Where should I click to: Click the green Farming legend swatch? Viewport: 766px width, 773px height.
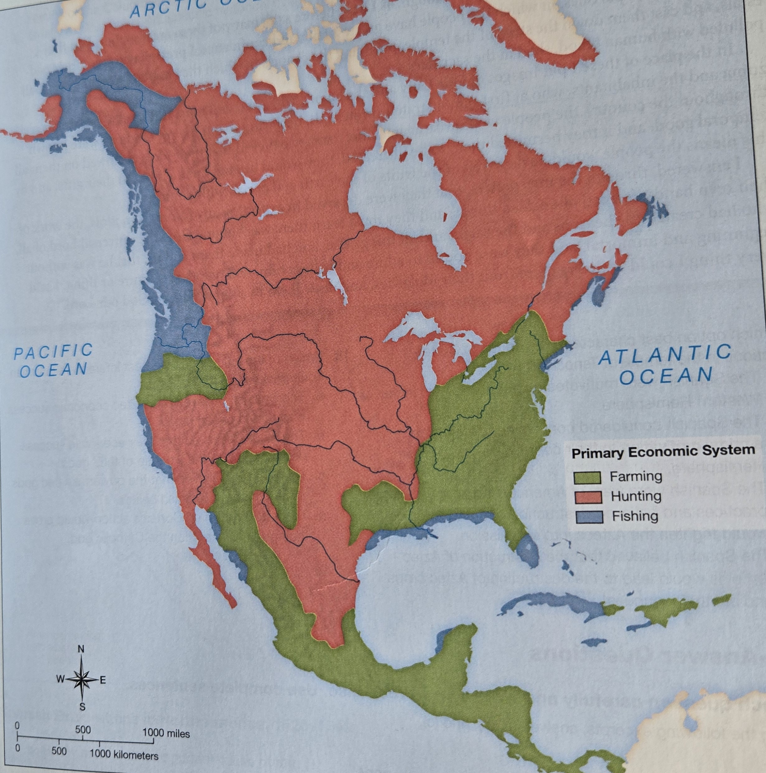coord(588,477)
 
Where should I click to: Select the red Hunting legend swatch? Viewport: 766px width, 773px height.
coord(588,497)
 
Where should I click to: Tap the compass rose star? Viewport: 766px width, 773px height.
coord(81,679)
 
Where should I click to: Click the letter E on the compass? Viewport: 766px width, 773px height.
coord(102,680)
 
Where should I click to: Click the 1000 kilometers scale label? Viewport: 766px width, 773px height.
coord(124,755)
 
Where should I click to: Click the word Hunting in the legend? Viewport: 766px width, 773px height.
coord(636,497)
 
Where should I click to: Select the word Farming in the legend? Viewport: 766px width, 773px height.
coord(636,477)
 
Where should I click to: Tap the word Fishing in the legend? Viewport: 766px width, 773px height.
coord(635,516)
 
